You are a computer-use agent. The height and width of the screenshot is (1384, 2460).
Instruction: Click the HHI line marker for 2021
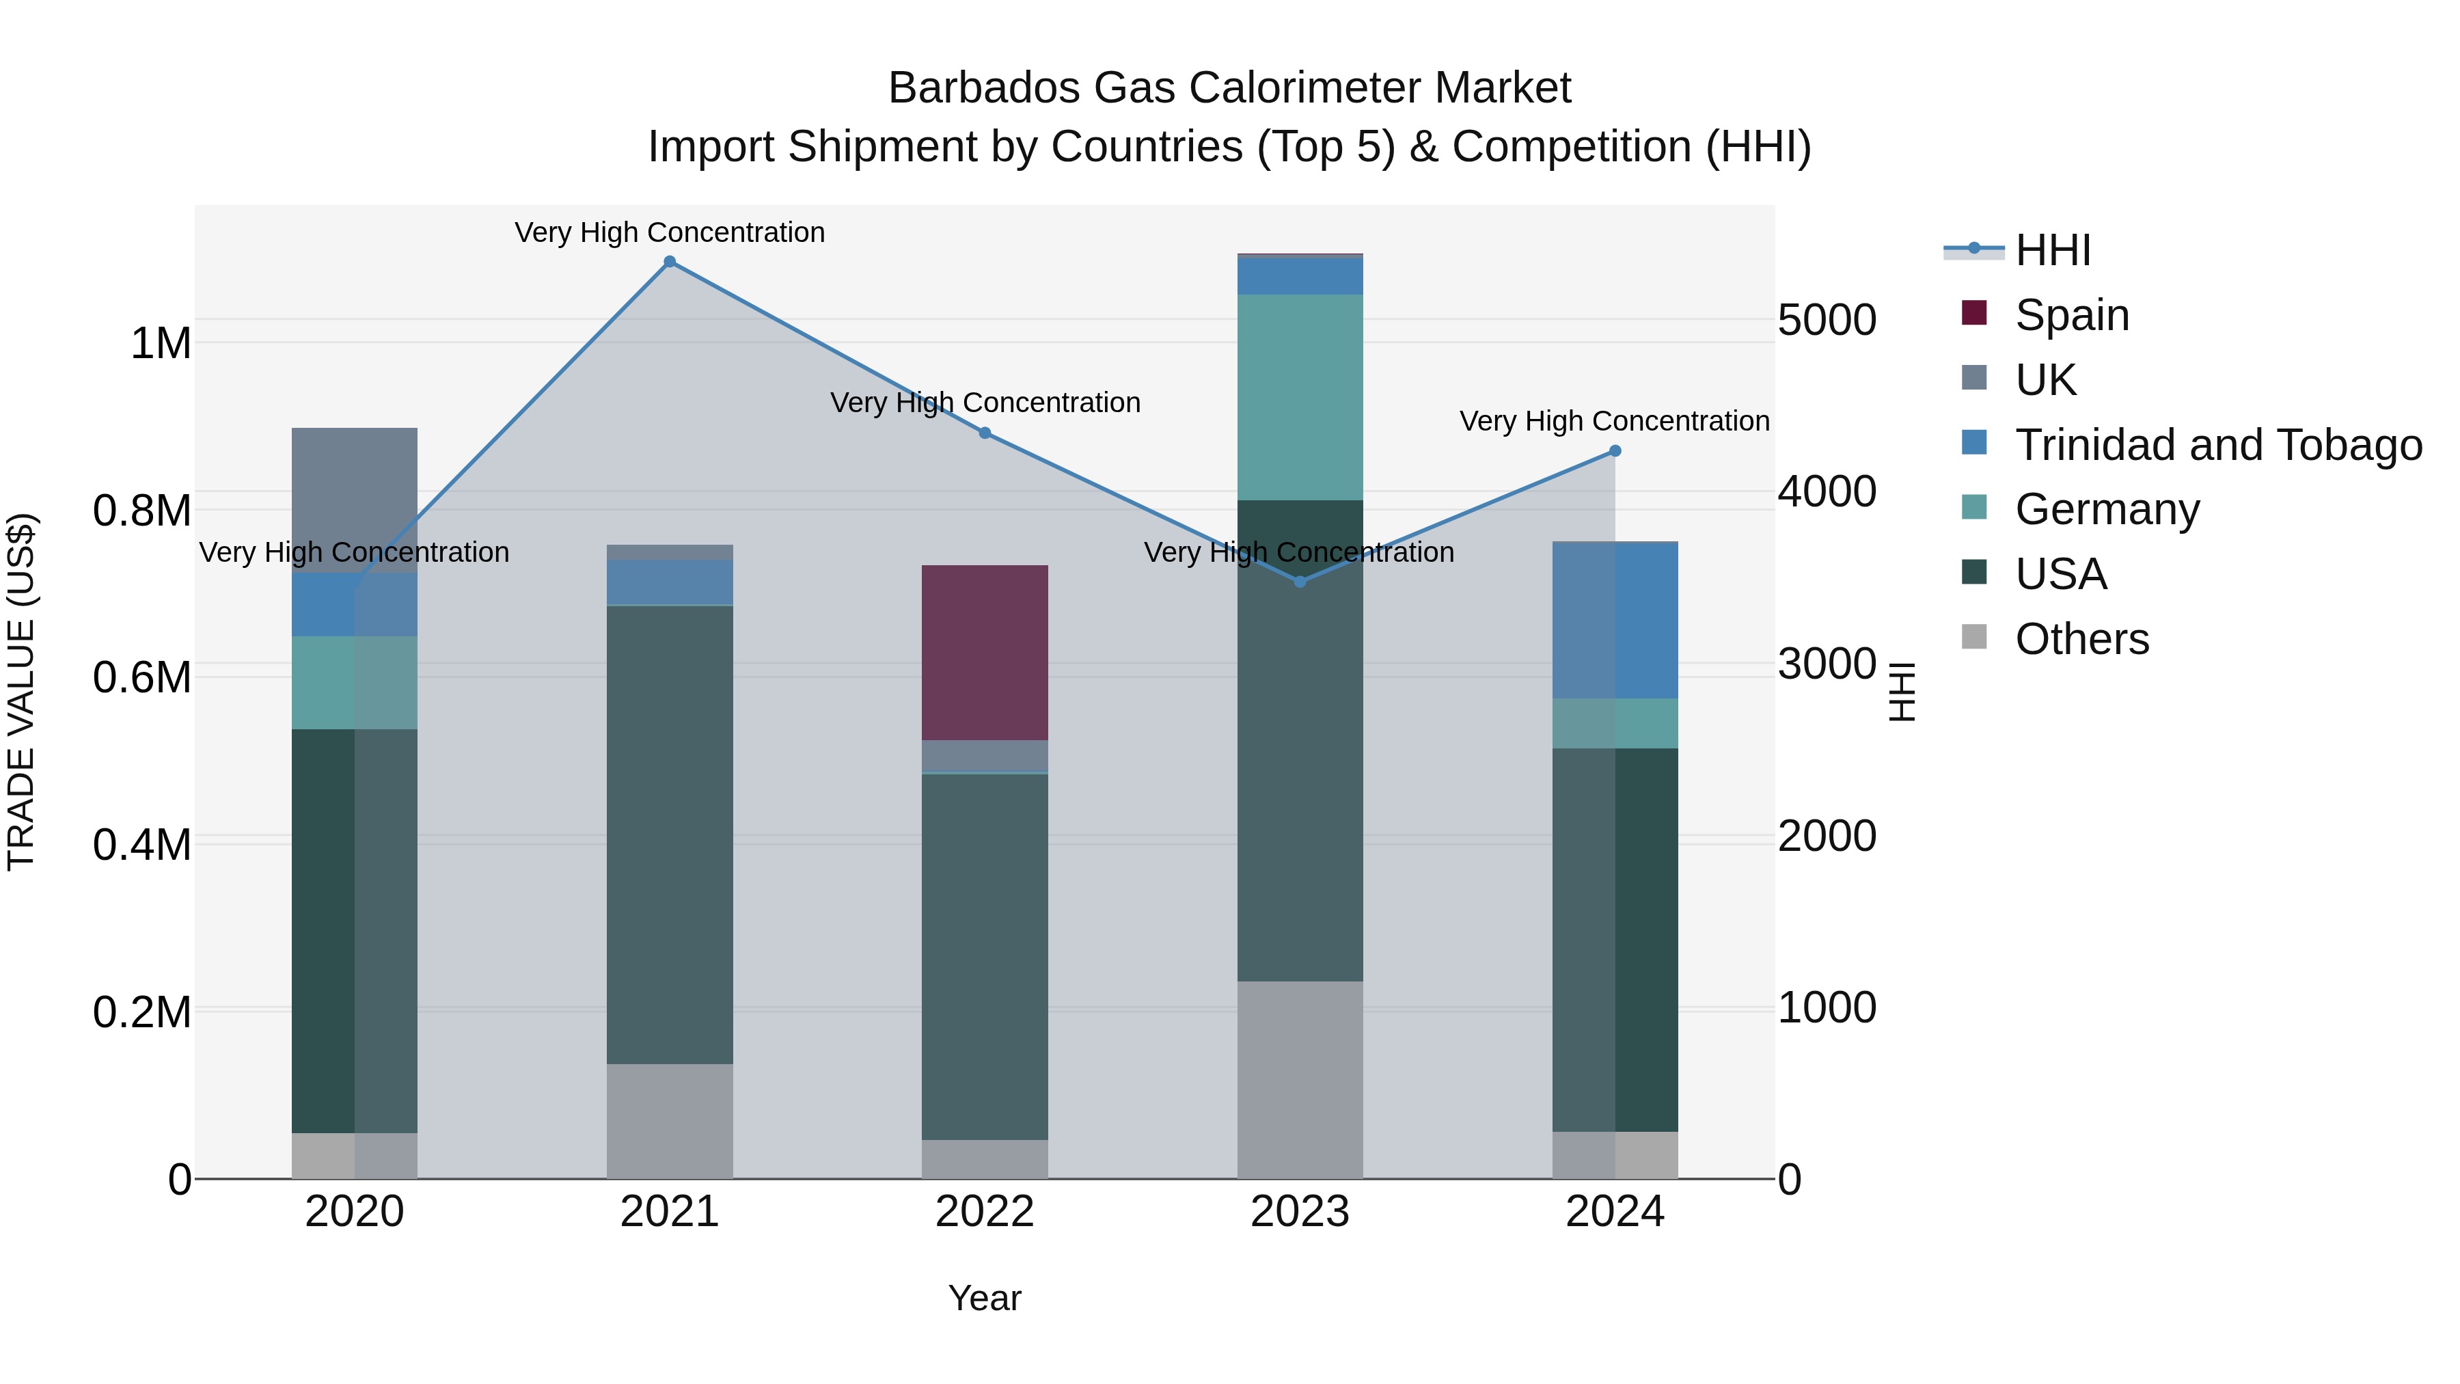(670, 262)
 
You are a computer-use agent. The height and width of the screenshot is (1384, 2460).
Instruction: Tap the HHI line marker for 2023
(1300, 582)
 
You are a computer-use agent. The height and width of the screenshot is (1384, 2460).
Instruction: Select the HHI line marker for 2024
(1615, 451)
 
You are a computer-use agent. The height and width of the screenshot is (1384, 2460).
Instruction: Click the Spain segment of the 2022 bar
(985, 653)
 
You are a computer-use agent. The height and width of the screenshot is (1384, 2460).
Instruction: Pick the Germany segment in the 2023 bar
(1300, 396)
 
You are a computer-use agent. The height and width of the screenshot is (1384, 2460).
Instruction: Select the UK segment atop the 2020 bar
(354, 499)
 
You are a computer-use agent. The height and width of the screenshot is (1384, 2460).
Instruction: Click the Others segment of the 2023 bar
(1300, 1079)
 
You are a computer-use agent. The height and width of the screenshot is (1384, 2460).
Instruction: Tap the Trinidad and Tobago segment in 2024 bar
(1615, 621)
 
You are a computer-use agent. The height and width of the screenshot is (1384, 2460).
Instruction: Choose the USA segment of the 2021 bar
(670, 834)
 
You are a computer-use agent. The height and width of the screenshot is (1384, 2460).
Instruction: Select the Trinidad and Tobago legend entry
(2217, 445)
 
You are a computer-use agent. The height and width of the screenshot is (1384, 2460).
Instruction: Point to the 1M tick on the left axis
(161, 343)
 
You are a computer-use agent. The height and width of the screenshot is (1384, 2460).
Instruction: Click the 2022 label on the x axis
(985, 1212)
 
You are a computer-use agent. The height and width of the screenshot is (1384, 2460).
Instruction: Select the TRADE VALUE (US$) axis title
(21, 692)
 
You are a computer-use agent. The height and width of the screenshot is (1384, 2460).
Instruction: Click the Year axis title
(985, 1298)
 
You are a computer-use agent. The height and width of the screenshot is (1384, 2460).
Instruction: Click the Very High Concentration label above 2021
(670, 232)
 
